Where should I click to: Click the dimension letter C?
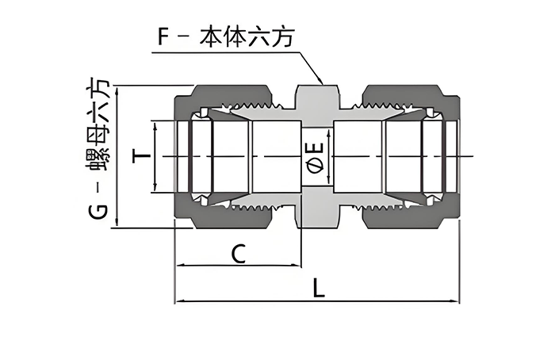coord(236,254)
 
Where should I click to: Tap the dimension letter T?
coord(142,157)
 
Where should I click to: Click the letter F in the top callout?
coord(165,36)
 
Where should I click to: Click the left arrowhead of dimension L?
coord(178,301)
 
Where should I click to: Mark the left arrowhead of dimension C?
coord(178,266)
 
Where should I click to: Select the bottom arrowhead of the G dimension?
coord(117,225)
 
